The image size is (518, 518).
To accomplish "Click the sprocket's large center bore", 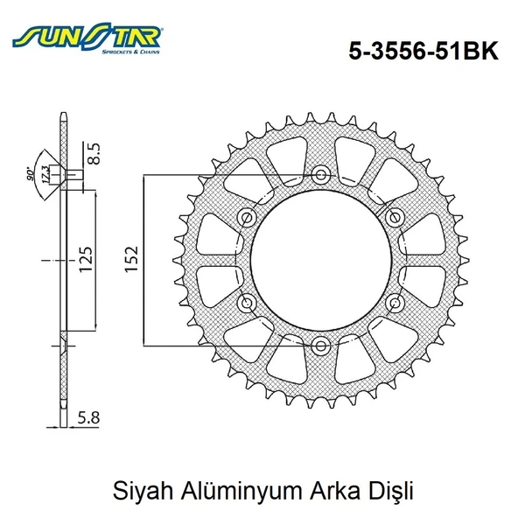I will pos(319,260).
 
